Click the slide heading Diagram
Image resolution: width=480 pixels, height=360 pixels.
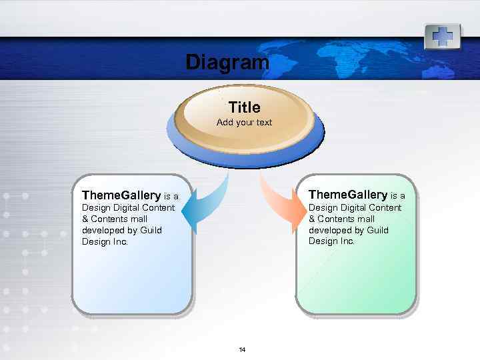pyautogui.click(x=227, y=63)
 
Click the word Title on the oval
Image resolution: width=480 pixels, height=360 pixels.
pyautogui.click(x=244, y=107)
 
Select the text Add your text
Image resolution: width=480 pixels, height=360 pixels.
pyautogui.click(x=244, y=123)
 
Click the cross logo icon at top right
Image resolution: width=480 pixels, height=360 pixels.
pyautogui.click(x=442, y=35)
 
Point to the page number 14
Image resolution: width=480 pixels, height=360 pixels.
pyautogui.click(x=242, y=350)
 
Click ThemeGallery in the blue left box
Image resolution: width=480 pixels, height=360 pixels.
pyautogui.click(x=121, y=195)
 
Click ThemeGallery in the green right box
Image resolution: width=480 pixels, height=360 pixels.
pyautogui.click(x=347, y=195)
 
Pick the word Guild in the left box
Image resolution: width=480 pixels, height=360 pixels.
pyautogui.click(x=151, y=230)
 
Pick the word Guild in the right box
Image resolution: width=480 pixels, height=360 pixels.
pyautogui.click(x=377, y=230)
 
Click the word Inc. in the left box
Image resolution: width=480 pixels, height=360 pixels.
pyautogui.click(x=119, y=241)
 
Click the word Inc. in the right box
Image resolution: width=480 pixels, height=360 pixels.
pyautogui.click(x=346, y=241)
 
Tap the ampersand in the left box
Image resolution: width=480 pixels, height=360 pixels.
pyautogui.click(x=85, y=219)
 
